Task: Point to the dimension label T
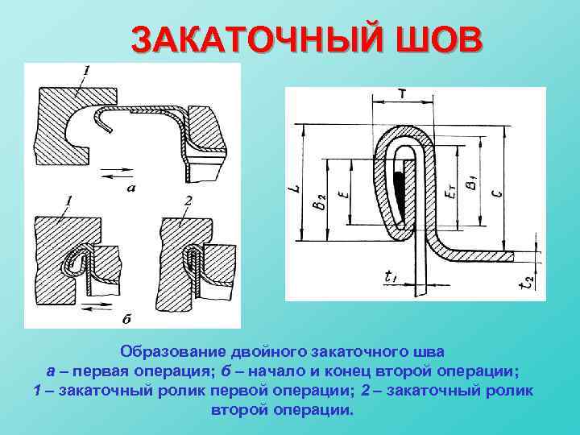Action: [402, 94]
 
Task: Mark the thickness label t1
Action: [391, 277]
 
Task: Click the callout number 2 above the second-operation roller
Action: [187, 200]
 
